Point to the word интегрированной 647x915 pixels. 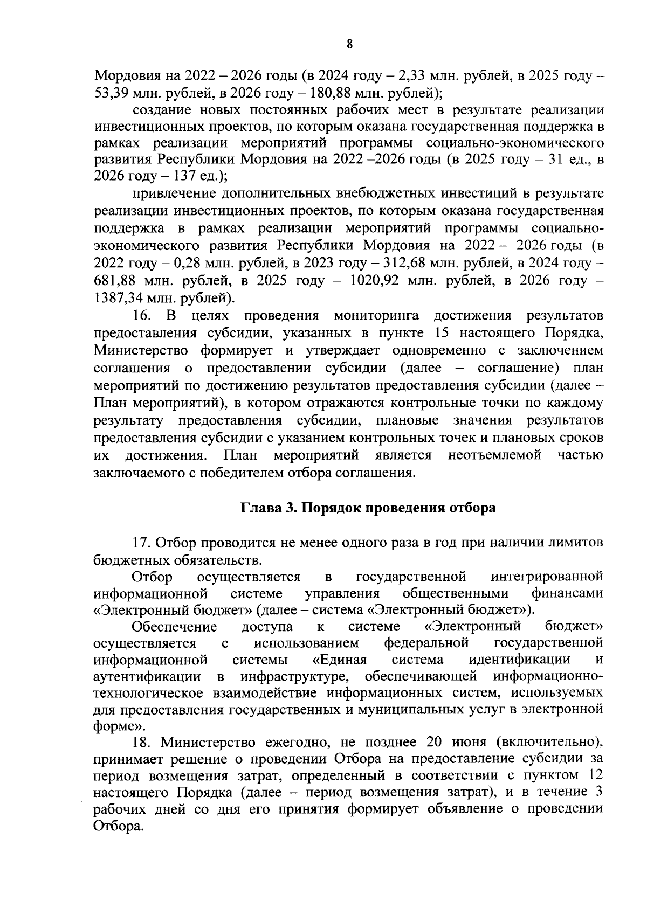[x=547, y=577]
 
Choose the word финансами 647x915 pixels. [x=567, y=594]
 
